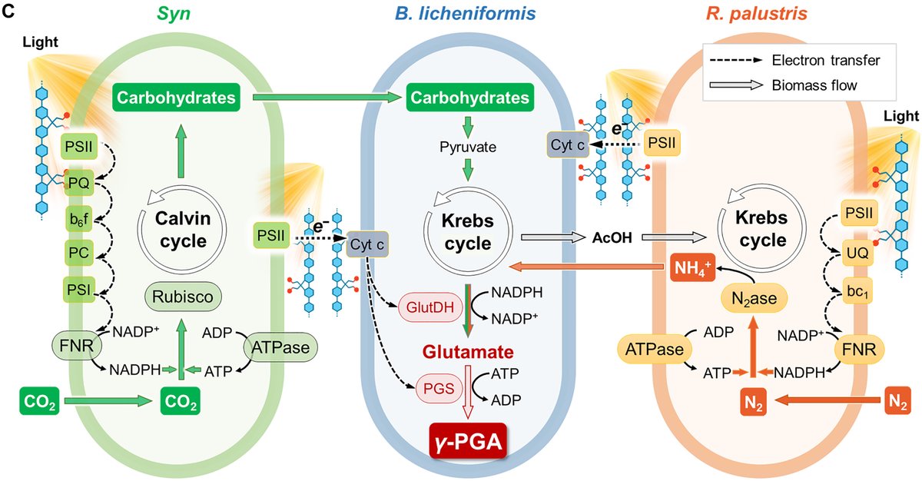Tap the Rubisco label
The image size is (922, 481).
coord(182,295)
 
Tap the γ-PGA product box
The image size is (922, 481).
coord(467,443)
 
